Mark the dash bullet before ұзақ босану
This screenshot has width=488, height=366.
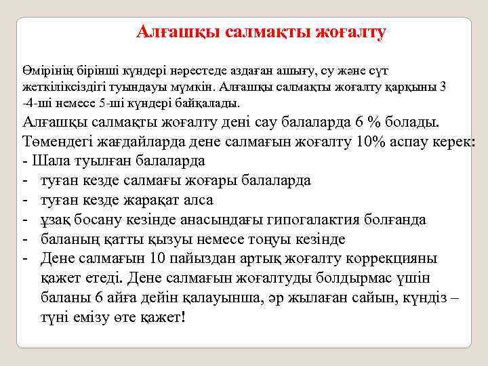tap(25, 220)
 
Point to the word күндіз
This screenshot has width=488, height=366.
tap(424, 298)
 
